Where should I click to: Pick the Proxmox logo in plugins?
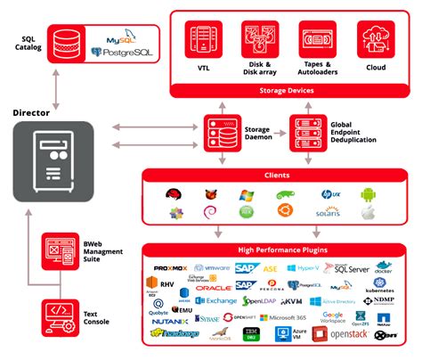[173, 267]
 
